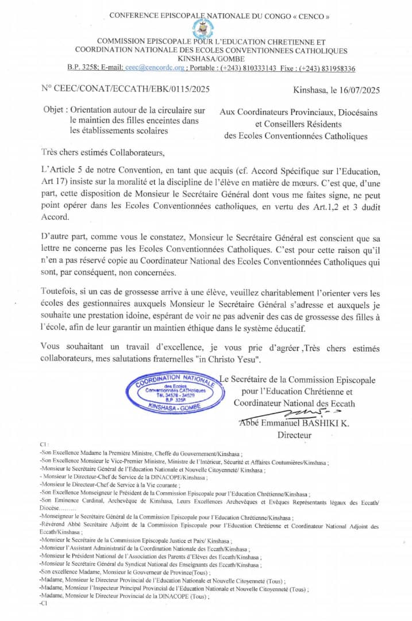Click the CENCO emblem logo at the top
pos(202,28)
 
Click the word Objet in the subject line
pos(56,110)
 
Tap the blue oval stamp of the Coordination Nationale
pos(171,391)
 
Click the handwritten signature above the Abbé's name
pos(308,413)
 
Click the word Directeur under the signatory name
pos(294,435)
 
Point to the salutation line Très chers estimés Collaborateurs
pos(103,153)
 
